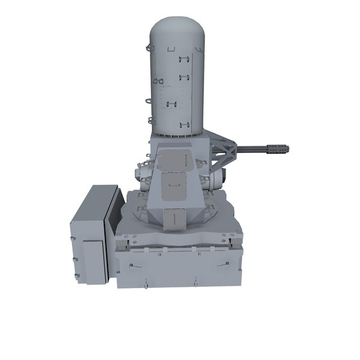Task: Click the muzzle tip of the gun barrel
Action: pos(287,147)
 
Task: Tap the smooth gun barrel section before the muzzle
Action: pos(257,146)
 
